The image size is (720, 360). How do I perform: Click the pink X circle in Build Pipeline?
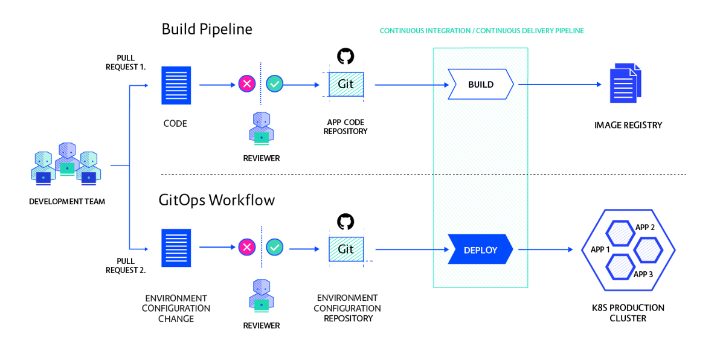[246, 84]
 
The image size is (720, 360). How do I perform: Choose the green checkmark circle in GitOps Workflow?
[275, 247]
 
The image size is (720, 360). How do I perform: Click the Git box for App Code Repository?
[346, 85]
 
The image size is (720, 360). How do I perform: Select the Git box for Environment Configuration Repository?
[346, 249]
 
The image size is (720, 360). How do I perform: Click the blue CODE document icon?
[176, 86]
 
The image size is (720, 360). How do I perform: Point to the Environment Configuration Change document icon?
[176, 248]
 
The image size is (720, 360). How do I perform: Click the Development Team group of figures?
[66, 164]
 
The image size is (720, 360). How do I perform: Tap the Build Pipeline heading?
[207, 29]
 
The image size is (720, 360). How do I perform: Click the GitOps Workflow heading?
[217, 200]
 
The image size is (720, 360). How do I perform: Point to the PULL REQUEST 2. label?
[125, 266]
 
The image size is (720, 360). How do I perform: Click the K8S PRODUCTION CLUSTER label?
[628, 313]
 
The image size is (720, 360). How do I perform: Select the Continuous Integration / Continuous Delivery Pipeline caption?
[481, 31]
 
